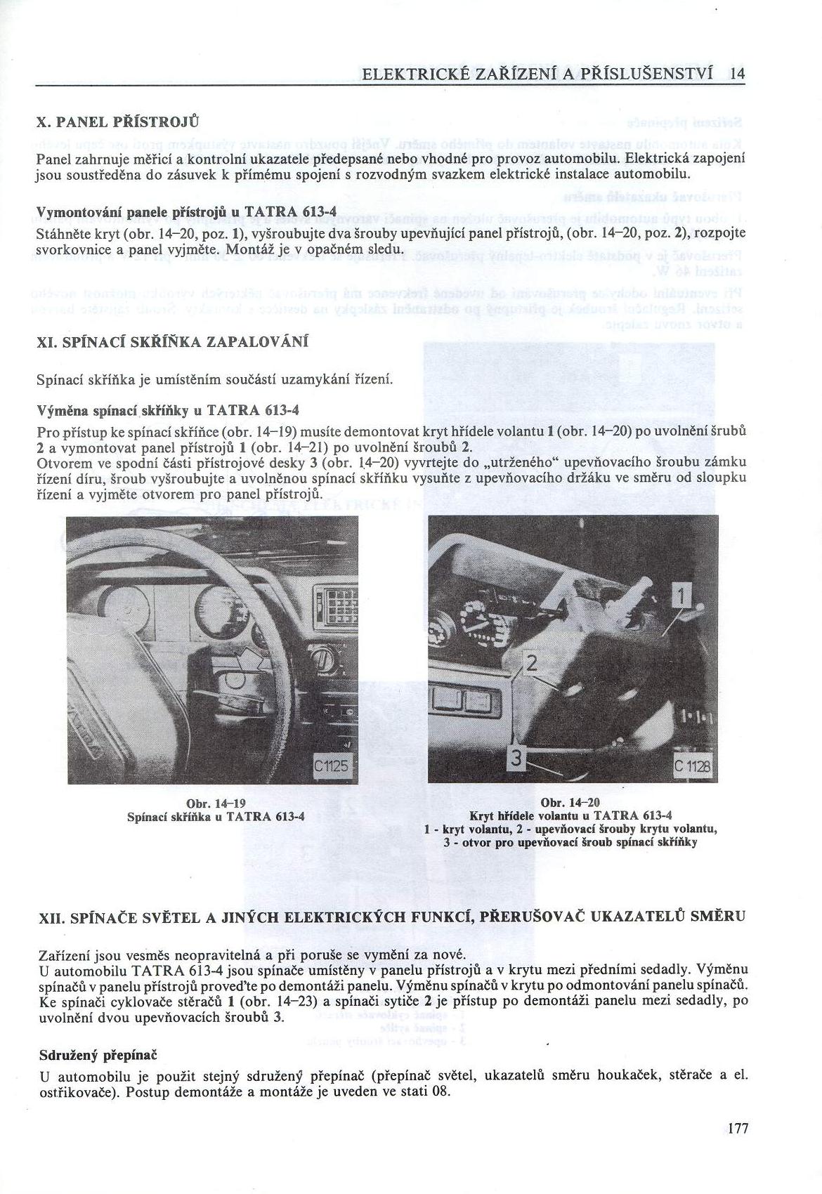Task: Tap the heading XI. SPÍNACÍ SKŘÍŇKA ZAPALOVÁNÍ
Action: tap(172, 341)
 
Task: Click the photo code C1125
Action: tap(330, 766)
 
